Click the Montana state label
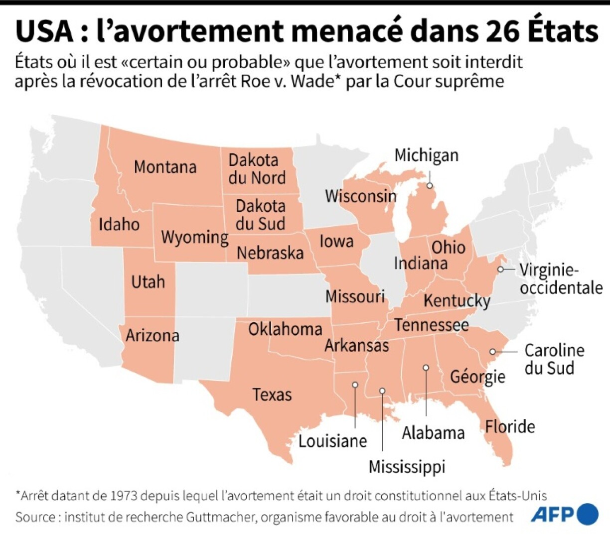[x=165, y=167]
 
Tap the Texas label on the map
[x=272, y=395]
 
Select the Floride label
[x=510, y=426]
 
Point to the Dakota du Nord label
[x=257, y=169]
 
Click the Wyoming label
[x=194, y=238]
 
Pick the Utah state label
[x=148, y=282]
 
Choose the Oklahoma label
[x=285, y=329]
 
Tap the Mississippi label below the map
[x=407, y=467]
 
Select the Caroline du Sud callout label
[x=554, y=359]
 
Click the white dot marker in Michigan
[x=430, y=186]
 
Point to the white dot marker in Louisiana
[x=355, y=385]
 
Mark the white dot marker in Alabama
[x=426, y=368]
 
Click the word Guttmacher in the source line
[x=219, y=517]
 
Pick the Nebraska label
[x=270, y=253]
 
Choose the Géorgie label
[x=477, y=377]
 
